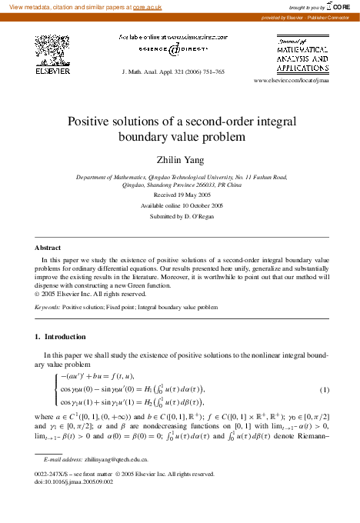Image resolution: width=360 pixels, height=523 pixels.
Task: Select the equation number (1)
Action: (x=325, y=389)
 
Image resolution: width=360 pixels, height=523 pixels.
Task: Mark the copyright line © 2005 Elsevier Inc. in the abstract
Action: (x=86, y=292)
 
